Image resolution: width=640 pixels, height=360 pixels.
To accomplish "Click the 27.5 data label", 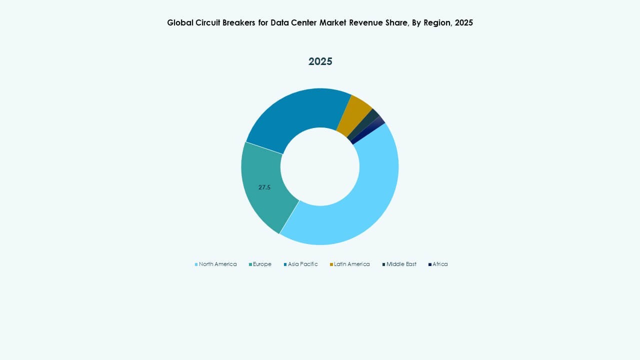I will pyautogui.click(x=264, y=187).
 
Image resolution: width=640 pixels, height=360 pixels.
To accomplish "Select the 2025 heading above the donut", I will pyautogui.click(x=320, y=61).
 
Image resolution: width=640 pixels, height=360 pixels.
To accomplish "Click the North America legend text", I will pyautogui.click(x=217, y=264).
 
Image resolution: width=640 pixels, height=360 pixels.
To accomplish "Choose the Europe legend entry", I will pyautogui.click(x=262, y=264).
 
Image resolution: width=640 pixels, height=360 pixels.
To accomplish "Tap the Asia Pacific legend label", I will pyautogui.click(x=302, y=264).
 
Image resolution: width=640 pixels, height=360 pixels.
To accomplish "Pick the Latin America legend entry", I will pyautogui.click(x=351, y=264).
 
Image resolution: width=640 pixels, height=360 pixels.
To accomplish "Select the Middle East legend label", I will pyautogui.click(x=401, y=264).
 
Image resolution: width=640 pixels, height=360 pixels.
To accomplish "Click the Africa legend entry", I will pyautogui.click(x=440, y=264).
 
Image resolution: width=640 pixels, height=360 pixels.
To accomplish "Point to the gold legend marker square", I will pyautogui.click(x=331, y=264).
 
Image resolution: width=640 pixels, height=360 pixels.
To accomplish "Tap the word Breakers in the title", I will pyautogui.click(x=240, y=22).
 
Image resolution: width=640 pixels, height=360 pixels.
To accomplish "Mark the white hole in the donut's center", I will pyautogui.click(x=320, y=166).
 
